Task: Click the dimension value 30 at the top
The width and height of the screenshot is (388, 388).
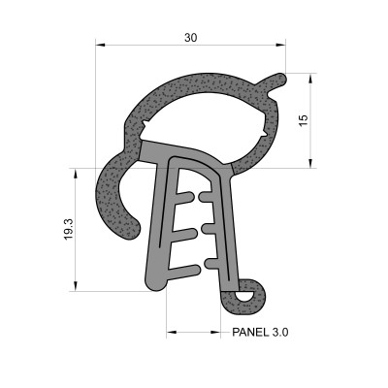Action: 191,37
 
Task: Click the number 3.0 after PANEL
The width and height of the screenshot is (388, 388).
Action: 280,332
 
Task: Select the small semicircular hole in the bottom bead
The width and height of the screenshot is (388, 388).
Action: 243,291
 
